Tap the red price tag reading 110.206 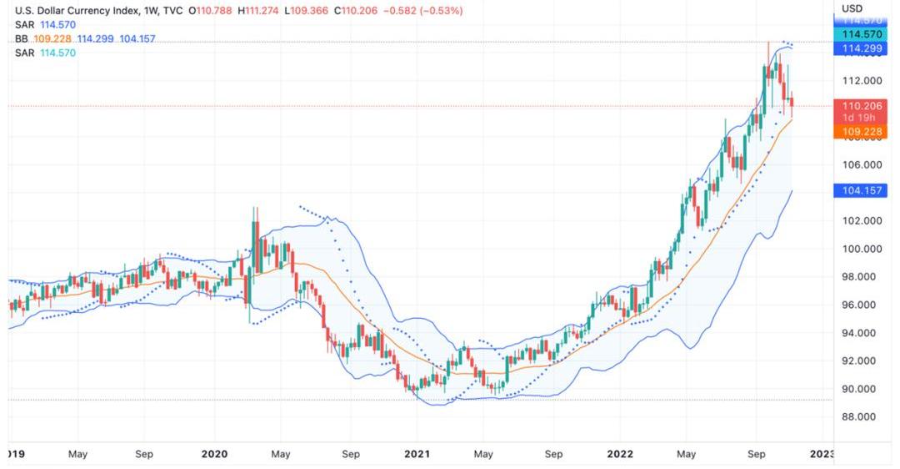point(862,106)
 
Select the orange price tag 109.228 point(862,132)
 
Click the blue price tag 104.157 point(862,191)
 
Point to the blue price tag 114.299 point(862,49)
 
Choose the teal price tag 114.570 point(862,34)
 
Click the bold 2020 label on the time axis point(214,454)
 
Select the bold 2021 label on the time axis point(417,454)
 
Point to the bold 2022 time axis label point(618,454)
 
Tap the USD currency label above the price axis point(852,8)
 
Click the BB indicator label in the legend point(22,39)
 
